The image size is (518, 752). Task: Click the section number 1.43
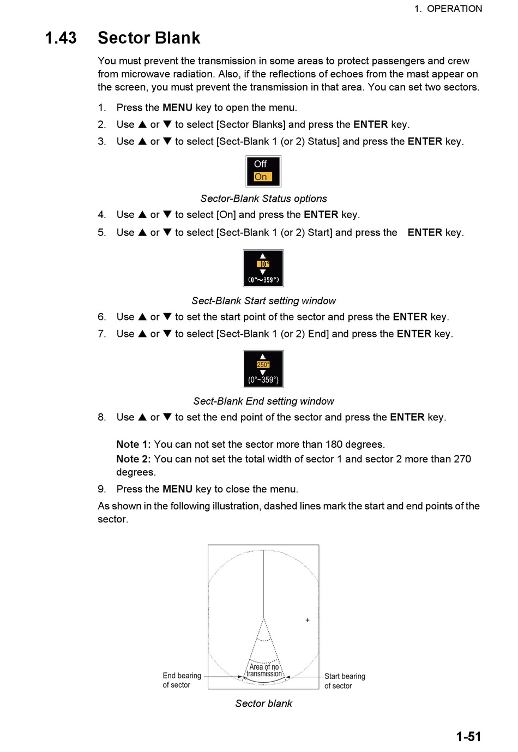click(x=61, y=38)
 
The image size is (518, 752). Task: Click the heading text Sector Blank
click(x=149, y=38)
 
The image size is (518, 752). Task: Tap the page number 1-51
click(x=468, y=737)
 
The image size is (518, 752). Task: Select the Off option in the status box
click(x=260, y=164)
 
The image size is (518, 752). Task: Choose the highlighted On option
click(x=261, y=177)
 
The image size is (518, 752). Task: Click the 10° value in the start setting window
click(x=263, y=264)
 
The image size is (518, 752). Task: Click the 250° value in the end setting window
click(x=263, y=365)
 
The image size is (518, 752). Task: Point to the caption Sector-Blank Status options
click(x=263, y=198)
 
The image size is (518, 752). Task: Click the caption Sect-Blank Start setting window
click(x=263, y=301)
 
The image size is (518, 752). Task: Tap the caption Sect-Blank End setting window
click(x=263, y=401)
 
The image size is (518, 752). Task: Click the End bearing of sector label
click(x=182, y=680)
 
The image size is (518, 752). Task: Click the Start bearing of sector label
click(x=345, y=681)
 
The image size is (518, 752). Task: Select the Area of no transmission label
click(x=264, y=670)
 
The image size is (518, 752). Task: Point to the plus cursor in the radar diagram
click(x=308, y=620)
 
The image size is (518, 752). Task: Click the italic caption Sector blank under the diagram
click(x=263, y=703)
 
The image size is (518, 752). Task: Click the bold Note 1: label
click(x=134, y=444)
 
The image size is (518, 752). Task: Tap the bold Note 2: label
click(x=134, y=459)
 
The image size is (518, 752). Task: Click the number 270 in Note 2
click(x=462, y=459)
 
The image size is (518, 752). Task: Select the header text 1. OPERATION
click(x=448, y=9)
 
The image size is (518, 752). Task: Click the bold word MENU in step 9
click(x=177, y=489)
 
